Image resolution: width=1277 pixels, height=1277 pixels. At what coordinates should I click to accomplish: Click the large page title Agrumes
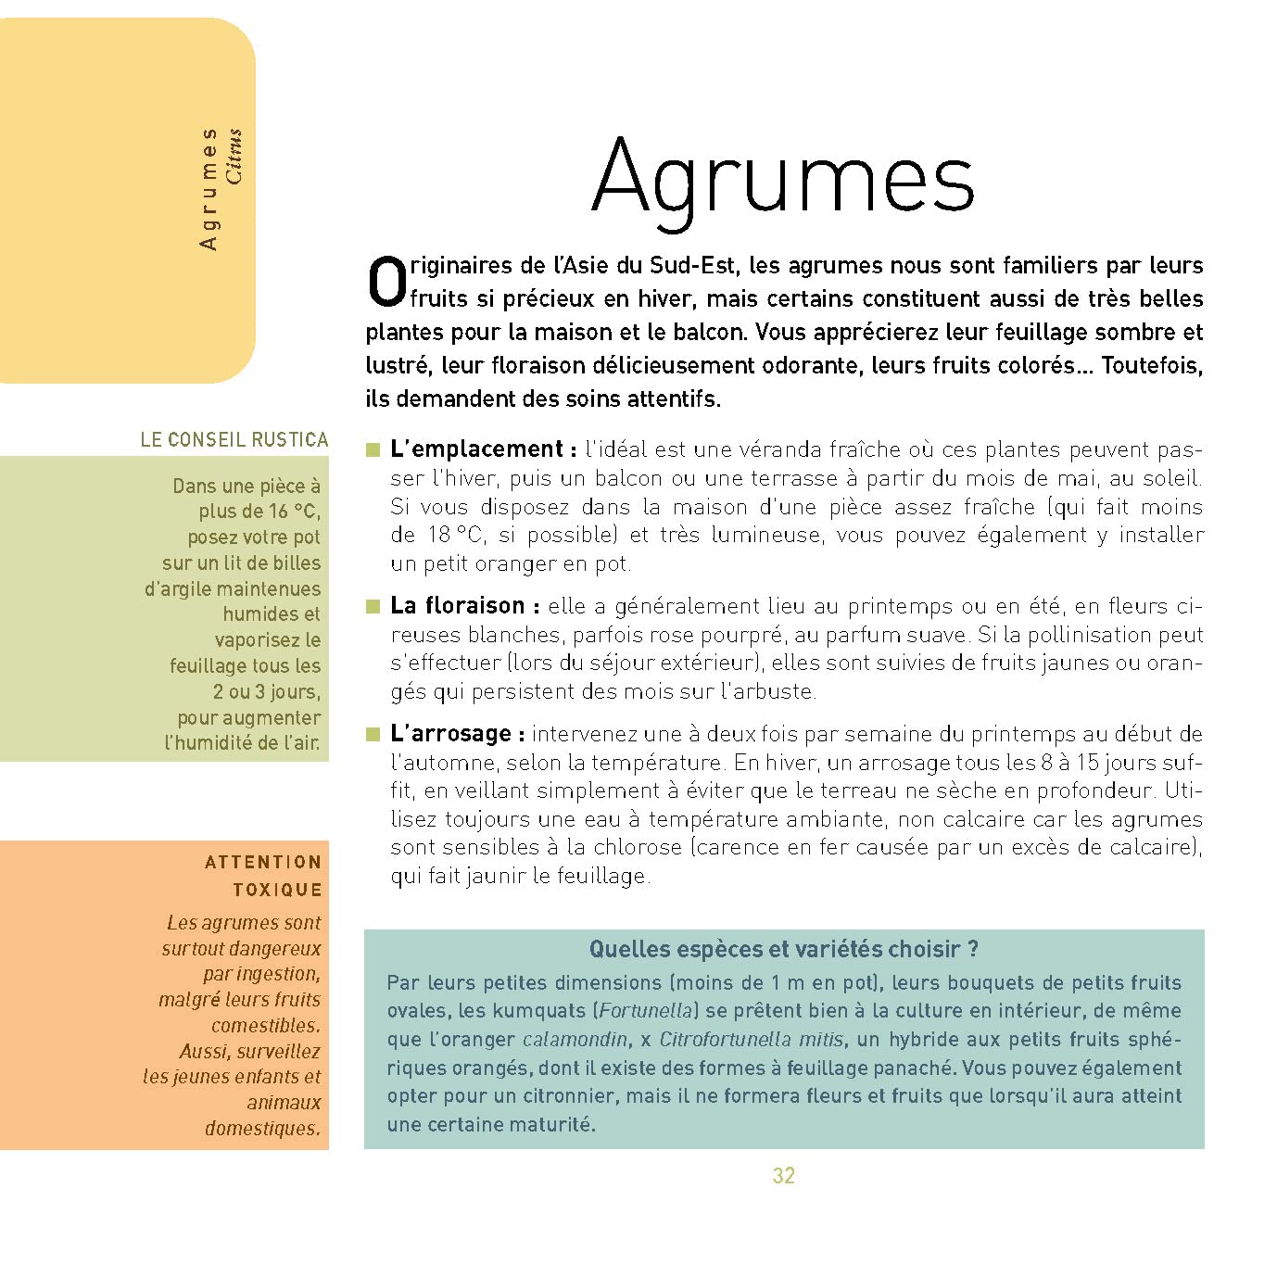[783, 178]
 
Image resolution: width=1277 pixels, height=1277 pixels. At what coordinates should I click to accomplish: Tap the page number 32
[783, 1176]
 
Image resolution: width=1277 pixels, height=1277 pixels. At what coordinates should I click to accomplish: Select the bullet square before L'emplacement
[373, 450]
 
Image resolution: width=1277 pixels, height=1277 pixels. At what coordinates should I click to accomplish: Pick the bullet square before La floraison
[373, 607]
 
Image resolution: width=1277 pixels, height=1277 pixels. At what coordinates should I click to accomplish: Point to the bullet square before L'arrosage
[373, 735]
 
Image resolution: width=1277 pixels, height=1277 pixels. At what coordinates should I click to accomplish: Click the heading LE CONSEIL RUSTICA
[234, 439]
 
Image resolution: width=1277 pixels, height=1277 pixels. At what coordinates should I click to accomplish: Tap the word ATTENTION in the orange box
[263, 863]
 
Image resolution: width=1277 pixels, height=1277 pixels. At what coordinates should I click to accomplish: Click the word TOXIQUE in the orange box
[277, 891]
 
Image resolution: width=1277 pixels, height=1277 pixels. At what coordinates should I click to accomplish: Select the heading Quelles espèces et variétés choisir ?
[783, 949]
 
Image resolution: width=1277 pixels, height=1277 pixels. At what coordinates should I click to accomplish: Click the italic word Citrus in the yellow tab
[234, 156]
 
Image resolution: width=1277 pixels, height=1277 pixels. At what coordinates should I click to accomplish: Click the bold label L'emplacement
[476, 449]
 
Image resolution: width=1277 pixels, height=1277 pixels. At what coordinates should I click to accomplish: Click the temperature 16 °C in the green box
[293, 512]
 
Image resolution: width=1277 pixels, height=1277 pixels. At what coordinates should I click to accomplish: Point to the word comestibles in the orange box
[265, 1026]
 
